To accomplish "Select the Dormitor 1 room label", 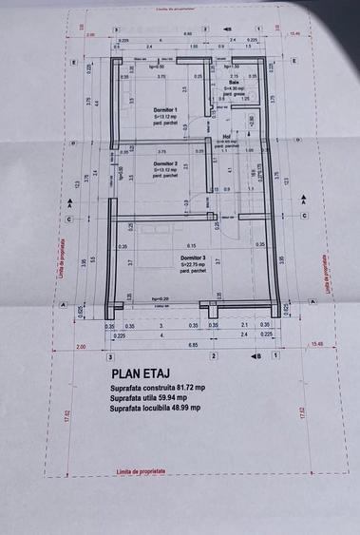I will point(165,110).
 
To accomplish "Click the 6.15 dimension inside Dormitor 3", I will point(191,245).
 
